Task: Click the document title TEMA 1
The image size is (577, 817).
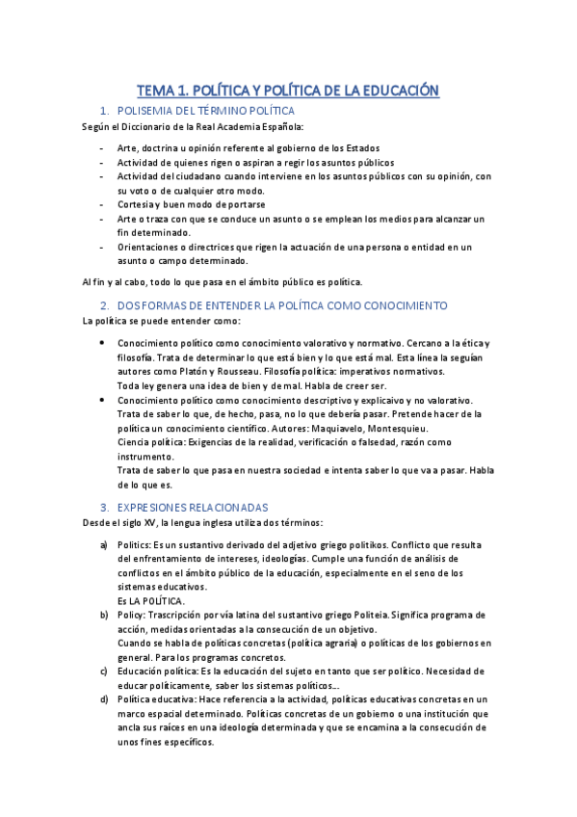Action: point(288,91)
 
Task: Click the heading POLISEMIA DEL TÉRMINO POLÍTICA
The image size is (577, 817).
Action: point(204,112)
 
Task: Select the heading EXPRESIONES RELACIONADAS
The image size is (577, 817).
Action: point(192,507)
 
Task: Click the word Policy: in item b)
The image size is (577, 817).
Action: point(132,615)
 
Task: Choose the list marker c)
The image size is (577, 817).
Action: point(104,672)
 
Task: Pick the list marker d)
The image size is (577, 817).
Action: point(104,699)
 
